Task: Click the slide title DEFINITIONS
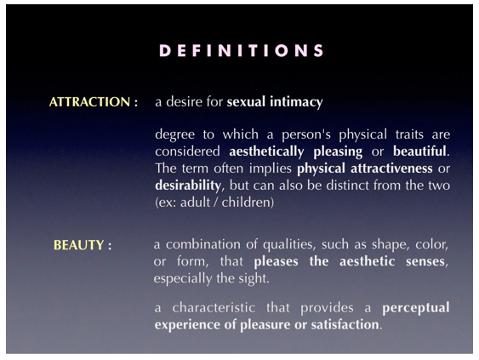pos(242,50)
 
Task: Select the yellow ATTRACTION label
pos(89,102)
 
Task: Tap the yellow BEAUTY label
pos(79,245)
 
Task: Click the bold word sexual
pos(246,102)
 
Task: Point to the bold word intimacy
pos(296,102)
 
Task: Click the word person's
pos(306,134)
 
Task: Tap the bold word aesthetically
pos(266,151)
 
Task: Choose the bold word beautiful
pos(419,151)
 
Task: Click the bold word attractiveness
pos(391,168)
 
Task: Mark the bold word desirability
pos(188,186)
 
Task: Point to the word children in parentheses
pos(246,202)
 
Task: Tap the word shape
pos(386,245)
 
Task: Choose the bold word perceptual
pos(416,308)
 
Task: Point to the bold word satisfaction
pos(345,324)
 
